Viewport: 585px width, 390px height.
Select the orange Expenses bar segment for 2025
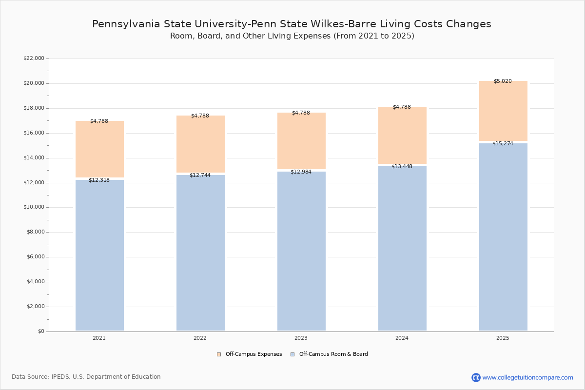(503, 111)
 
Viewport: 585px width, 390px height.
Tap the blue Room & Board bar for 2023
(301, 251)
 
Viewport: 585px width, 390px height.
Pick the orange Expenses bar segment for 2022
(200, 144)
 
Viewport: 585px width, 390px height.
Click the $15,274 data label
(503, 144)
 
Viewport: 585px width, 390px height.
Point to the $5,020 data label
(503, 81)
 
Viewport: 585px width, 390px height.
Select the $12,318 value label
(99, 180)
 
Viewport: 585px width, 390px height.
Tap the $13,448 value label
(402, 167)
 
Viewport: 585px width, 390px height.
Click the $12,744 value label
(200, 175)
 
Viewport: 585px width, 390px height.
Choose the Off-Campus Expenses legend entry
(250, 354)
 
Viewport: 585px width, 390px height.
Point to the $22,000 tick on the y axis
(34, 58)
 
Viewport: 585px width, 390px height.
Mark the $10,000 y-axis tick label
(34, 207)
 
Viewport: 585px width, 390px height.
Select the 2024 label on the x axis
(402, 338)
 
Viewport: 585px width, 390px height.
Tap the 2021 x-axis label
(99, 338)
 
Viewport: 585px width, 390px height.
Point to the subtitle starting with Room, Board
(292, 36)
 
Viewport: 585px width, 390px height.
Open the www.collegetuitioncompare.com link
(527, 377)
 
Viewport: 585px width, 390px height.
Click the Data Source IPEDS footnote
(86, 377)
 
